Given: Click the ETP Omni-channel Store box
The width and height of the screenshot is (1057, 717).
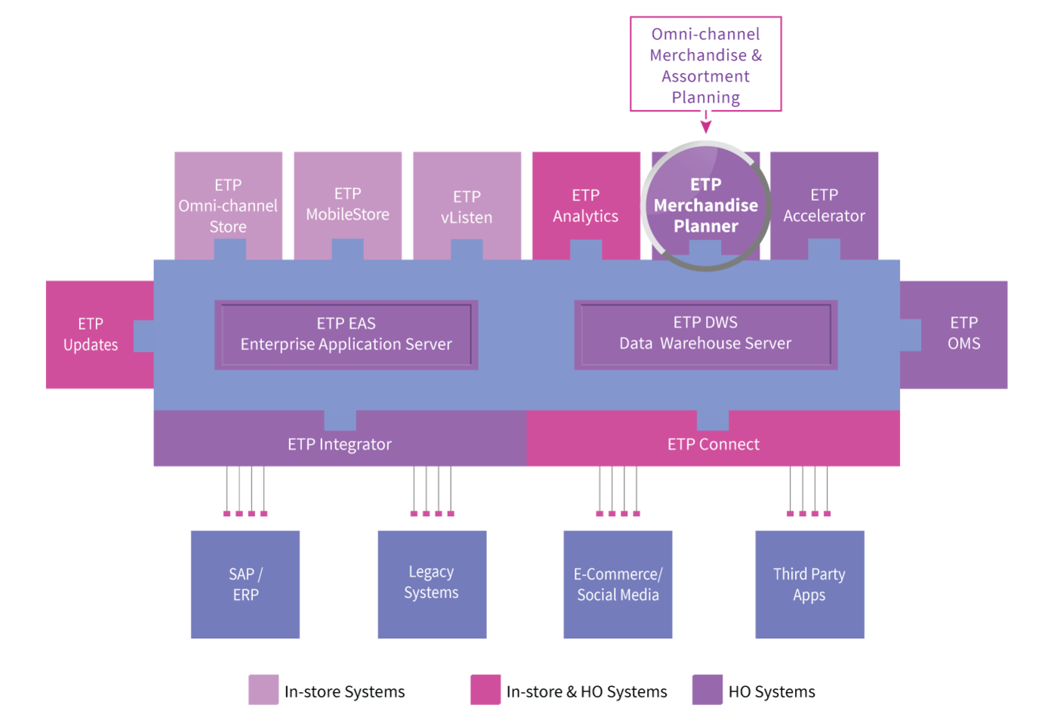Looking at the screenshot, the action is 228,205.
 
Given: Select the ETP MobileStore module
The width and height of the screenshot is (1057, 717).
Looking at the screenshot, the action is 348,205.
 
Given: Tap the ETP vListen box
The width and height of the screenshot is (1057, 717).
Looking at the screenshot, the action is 467,205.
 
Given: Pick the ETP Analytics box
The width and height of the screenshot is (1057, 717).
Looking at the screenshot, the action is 586,205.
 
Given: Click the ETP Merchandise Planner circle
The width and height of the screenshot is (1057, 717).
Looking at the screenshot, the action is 706,205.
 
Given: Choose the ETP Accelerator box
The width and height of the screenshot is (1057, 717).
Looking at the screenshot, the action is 824,205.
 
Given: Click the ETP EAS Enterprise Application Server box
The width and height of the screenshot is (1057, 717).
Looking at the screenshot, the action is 347,334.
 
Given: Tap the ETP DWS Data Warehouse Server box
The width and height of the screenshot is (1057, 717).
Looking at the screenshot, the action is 706,334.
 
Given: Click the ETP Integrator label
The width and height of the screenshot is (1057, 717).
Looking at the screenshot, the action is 340,445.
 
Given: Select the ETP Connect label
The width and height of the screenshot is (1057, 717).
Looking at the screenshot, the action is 713,445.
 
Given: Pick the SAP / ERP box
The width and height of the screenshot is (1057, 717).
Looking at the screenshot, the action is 245,584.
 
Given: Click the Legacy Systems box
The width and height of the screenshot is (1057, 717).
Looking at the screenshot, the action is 432,584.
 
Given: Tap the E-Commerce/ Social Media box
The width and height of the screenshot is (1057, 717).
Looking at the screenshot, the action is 618,584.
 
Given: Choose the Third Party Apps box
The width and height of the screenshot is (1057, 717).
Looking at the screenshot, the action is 809,584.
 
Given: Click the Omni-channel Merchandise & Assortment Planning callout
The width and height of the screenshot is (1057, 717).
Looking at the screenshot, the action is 706,64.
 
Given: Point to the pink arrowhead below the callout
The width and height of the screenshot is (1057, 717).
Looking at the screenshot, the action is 706,127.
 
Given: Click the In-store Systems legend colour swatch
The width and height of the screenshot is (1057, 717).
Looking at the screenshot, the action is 263,690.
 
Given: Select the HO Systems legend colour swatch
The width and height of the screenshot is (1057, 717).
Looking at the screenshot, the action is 707,690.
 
